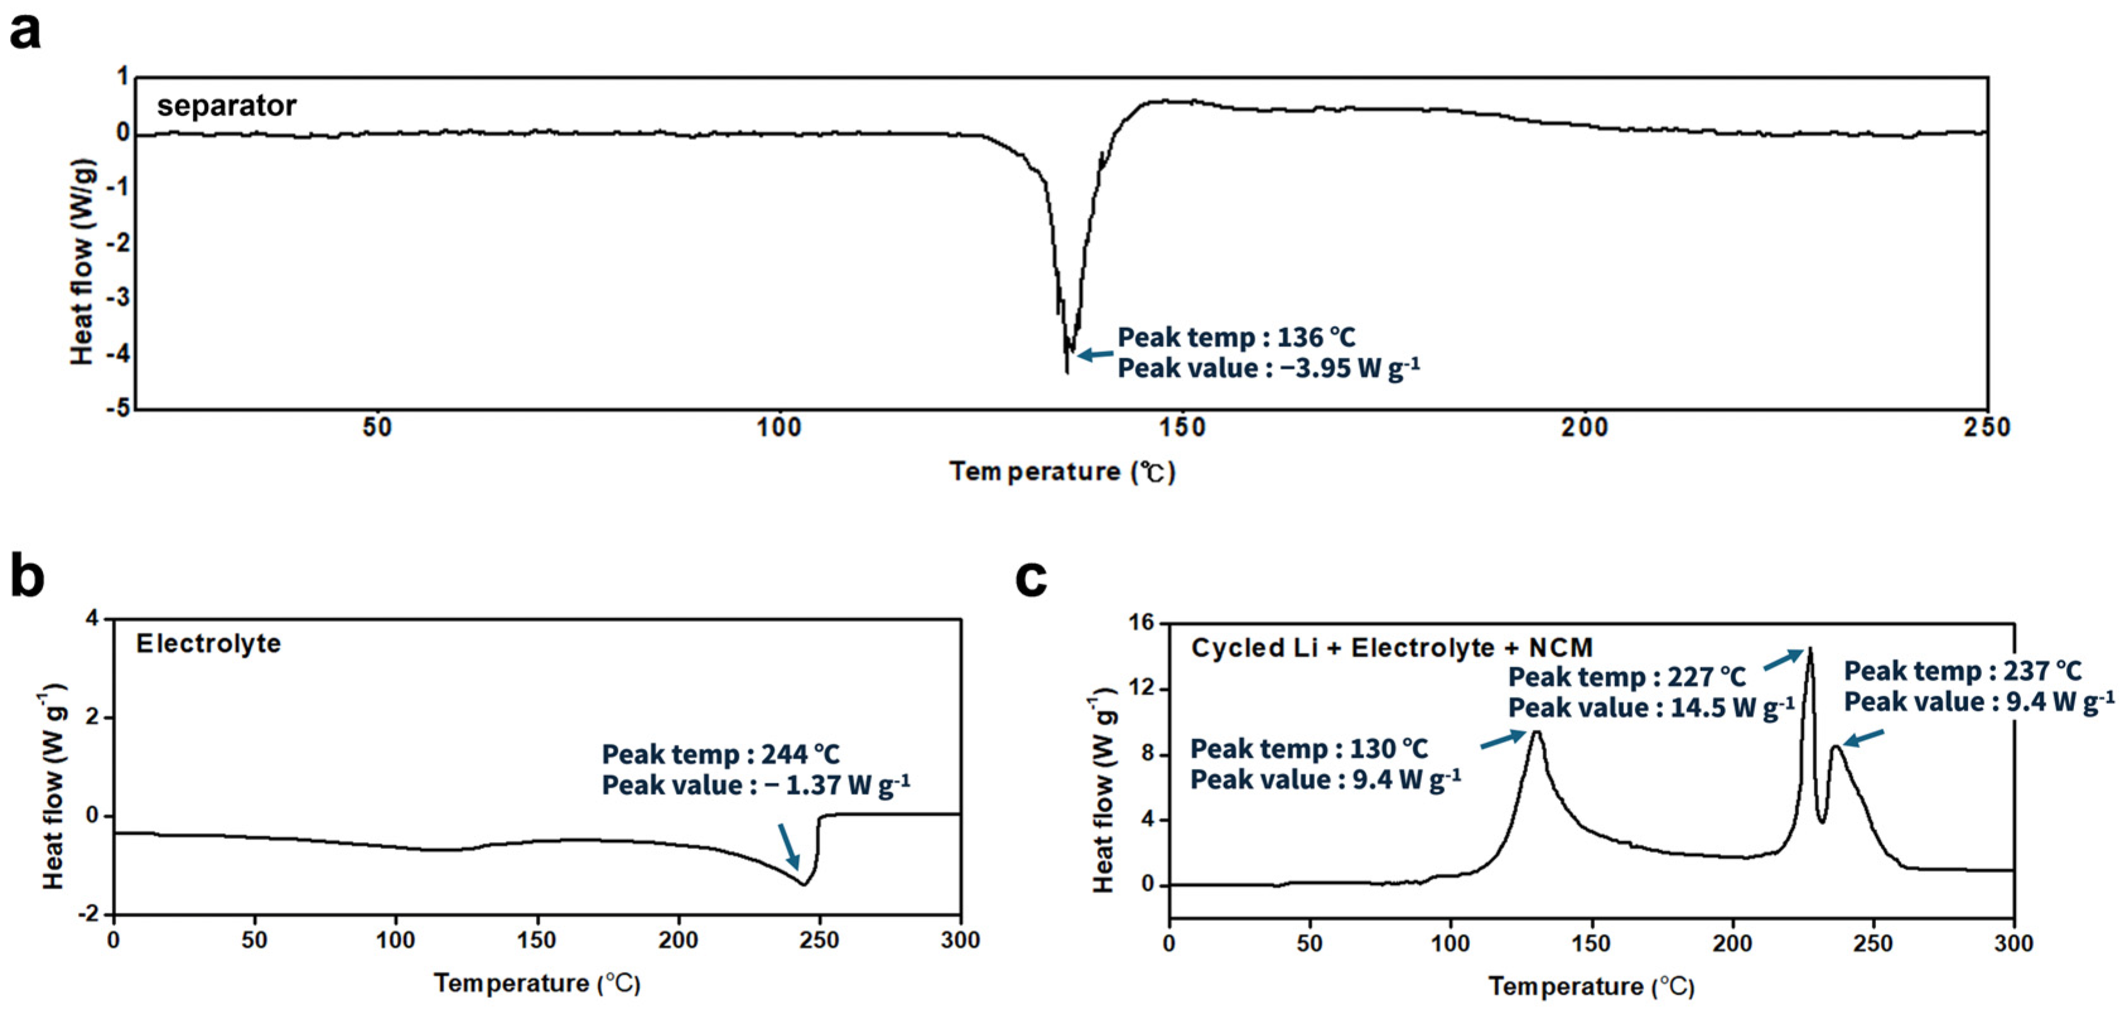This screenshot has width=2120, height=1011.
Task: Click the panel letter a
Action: [x=25, y=33]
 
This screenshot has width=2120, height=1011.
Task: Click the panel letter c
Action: [x=1031, y=578]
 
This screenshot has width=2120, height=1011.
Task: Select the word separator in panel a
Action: [x=226, y=105]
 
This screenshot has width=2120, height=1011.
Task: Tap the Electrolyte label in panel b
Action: [x=208, y=643]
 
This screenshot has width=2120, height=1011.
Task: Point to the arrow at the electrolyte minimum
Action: [x=788, y=846]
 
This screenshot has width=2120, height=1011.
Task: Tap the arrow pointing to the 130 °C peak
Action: [x=1503, y=739]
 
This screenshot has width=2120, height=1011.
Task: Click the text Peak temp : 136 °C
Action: [x=1235, y=337]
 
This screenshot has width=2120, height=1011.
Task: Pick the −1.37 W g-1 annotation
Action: [x=755, y=785]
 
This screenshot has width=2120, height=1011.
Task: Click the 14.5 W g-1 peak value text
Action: [x=1650, y=707]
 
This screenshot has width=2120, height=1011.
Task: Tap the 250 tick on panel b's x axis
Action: [x=819, y=940]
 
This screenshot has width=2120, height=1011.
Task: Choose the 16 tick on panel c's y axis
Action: [x=1144, y=623]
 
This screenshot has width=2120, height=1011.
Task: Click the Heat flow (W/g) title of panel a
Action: [x=83, y=262]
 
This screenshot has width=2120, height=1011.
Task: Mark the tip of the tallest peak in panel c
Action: [x=1809, y=649]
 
